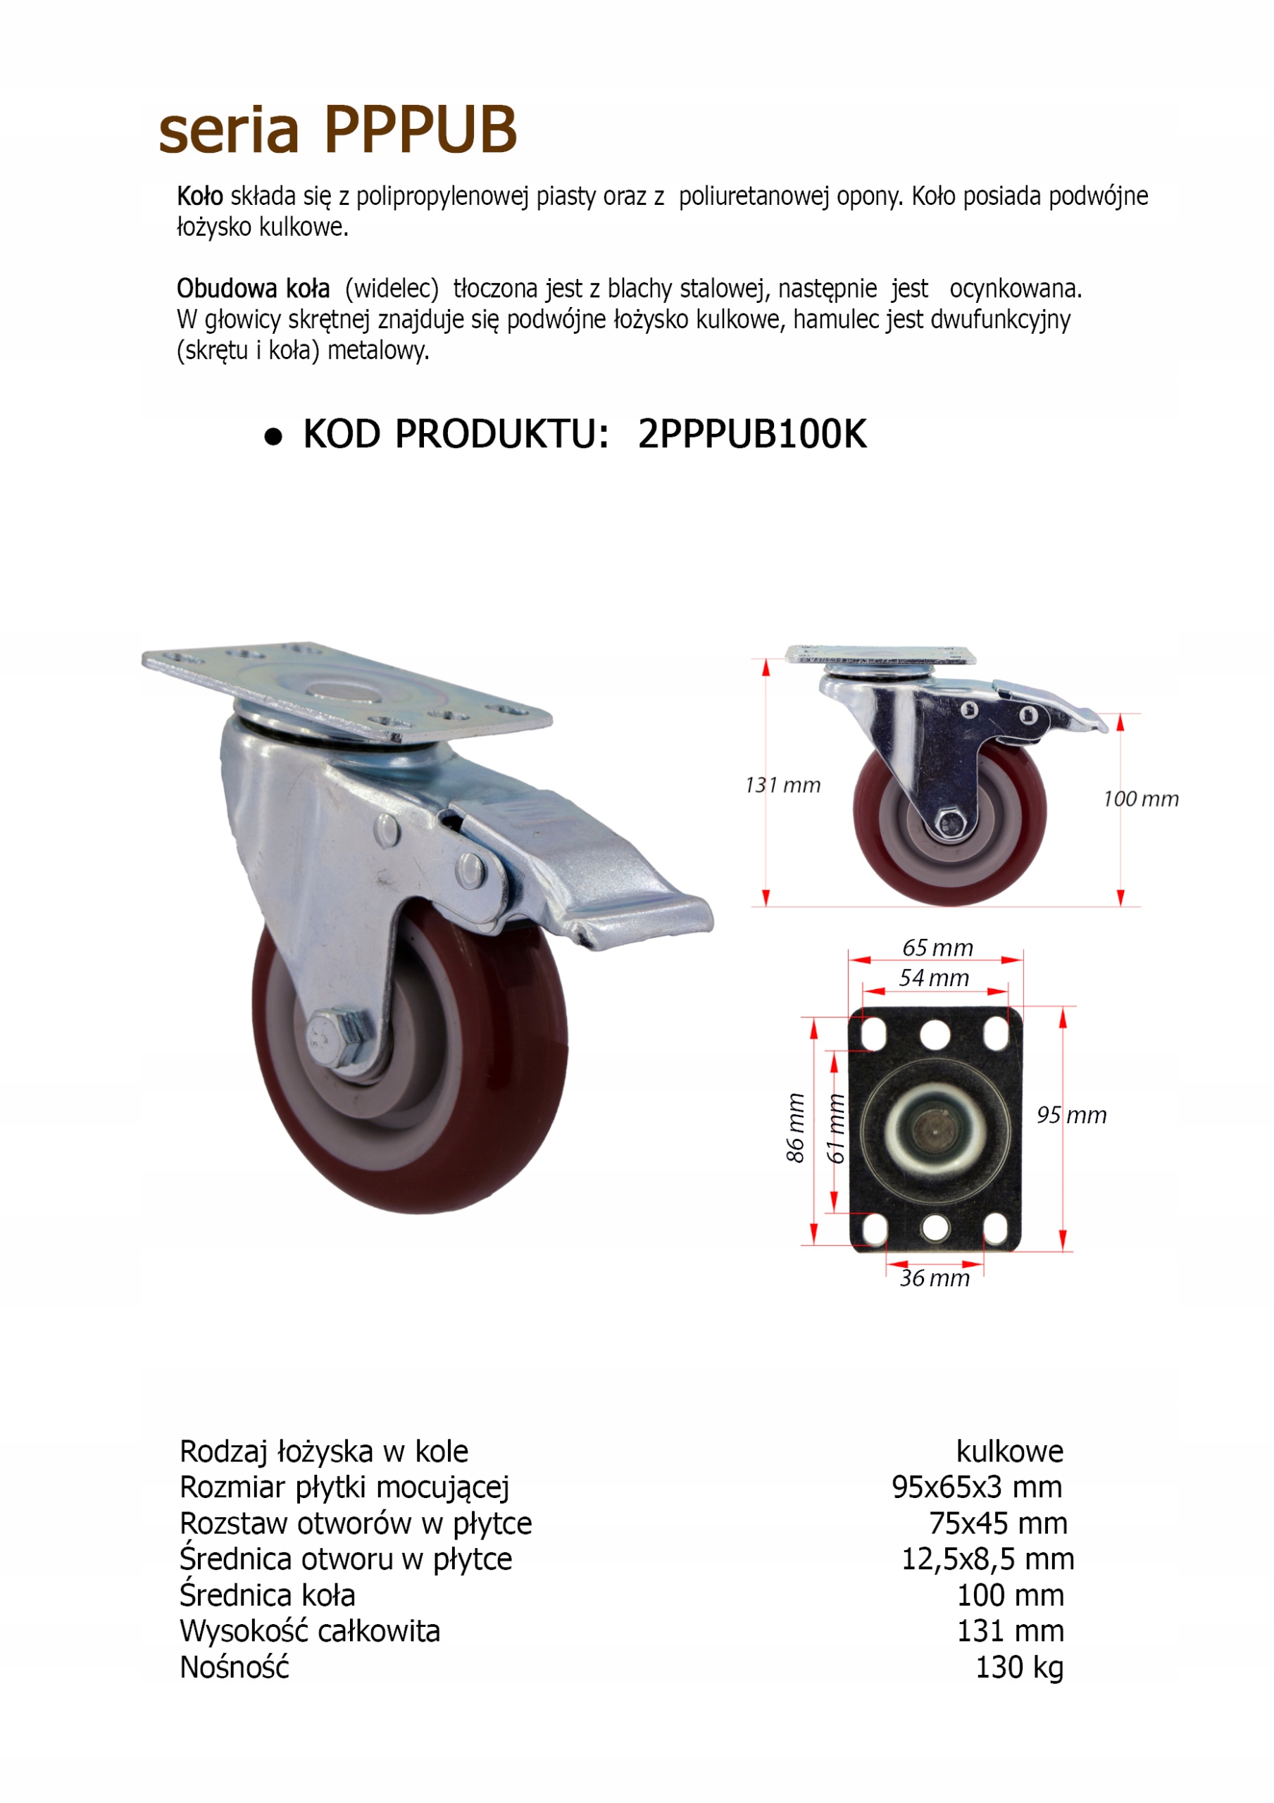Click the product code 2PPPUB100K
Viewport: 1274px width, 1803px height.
751,435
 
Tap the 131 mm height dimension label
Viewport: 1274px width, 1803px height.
782,785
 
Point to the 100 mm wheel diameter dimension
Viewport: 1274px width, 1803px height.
1139,799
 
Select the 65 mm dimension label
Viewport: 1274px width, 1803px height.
937,947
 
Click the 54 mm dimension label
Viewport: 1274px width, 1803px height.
933,978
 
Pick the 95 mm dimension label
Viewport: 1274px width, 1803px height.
1071,1114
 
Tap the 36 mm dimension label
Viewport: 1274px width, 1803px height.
934,1278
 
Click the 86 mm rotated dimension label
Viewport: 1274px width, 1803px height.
795,1128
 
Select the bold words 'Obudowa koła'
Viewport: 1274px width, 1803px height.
253,289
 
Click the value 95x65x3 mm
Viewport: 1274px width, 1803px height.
976,1487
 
